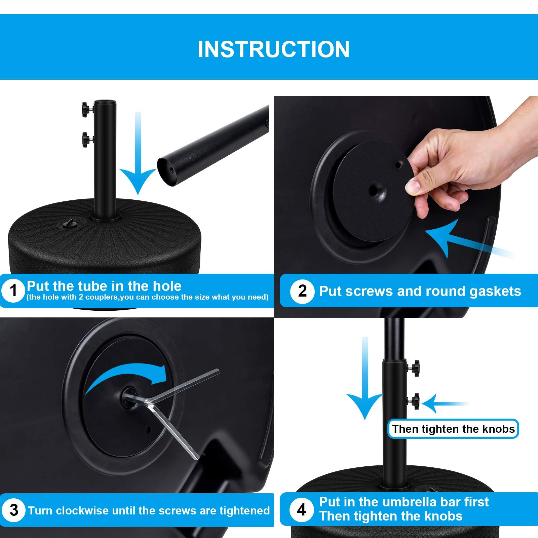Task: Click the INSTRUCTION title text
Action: pos(273,49)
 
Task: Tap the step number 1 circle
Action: pos(13,290)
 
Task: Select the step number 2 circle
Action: pos(302,291)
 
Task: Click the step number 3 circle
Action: pos(14,510)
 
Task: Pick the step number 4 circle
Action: pos(302,510)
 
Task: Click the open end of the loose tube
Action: pos(167,171)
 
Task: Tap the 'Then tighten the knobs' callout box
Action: pos(453,429)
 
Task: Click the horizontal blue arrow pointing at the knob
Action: pos(444,403)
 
